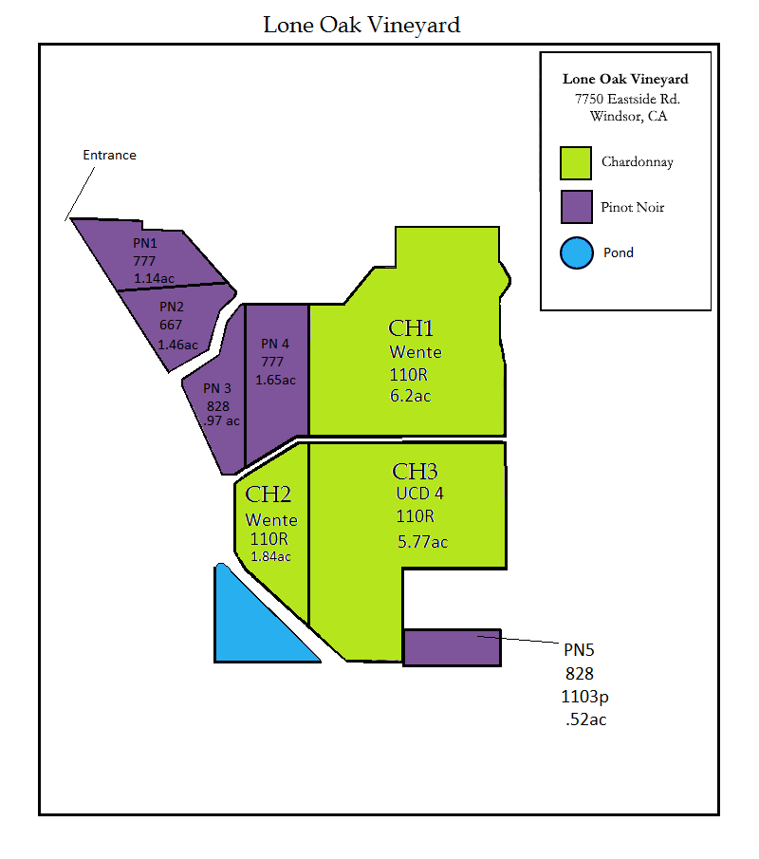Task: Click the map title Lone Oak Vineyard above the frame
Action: point(361,25)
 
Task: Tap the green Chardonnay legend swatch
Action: point(576,162)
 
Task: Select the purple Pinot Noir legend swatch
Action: point(576,207)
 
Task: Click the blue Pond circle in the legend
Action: point(576,252)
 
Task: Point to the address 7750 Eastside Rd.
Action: point(626,99)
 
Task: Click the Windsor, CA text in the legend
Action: point(627,117)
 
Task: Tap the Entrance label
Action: point(109,155)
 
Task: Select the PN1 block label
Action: point(144,243)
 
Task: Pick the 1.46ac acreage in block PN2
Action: point(177,345)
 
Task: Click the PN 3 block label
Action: point(217,387)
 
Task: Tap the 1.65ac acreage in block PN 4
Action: point(275,380)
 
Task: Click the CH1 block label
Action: point(411,328)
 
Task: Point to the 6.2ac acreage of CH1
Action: point(410,396)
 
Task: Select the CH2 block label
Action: point(268,495)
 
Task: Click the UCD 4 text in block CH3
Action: point(419,494)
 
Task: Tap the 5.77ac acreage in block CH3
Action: point(422,542)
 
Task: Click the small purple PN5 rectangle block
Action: point(452,646)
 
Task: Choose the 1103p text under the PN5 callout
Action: point(584,697)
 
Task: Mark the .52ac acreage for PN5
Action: point(584,719)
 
